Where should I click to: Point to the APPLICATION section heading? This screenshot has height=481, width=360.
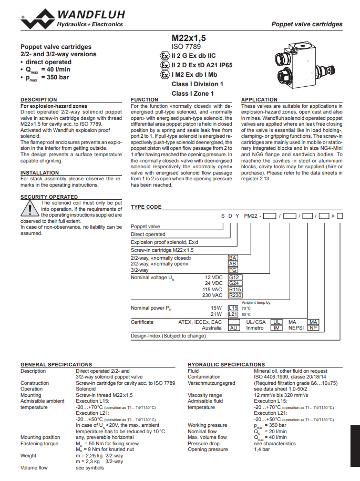259,100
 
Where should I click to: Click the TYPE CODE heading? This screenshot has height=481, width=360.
146,207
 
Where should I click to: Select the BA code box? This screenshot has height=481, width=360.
233,258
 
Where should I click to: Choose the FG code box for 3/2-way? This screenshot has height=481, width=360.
233,270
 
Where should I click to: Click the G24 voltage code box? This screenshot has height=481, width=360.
234,283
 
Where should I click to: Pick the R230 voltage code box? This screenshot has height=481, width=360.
235,295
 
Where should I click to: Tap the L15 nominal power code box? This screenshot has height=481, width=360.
233,308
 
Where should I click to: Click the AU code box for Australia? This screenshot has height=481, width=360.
234,328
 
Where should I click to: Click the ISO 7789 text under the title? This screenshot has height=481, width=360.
186,47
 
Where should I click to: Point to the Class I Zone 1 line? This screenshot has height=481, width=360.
193,94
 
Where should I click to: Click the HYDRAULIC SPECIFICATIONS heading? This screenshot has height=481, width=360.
227,364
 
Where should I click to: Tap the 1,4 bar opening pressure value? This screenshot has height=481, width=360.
262,449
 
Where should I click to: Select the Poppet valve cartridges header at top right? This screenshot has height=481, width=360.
306,24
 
